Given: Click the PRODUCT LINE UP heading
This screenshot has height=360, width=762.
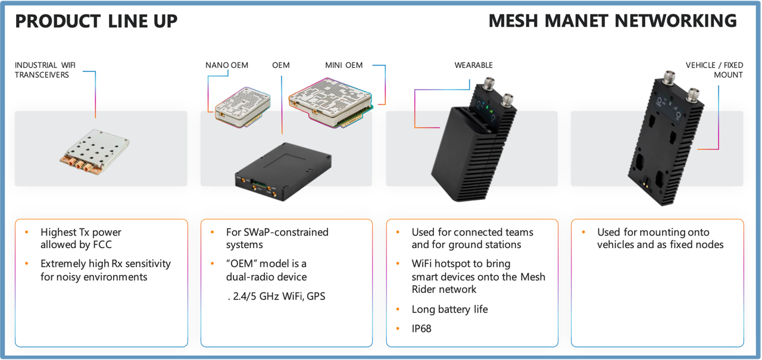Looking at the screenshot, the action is [96, 21].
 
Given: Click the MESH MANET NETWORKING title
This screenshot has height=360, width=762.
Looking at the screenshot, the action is [613, 21].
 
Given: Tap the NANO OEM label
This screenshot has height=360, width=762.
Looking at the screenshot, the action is [227, 65].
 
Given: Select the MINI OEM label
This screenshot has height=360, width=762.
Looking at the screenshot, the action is [343, 65].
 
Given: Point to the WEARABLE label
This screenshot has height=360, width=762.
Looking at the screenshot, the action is [473, 65].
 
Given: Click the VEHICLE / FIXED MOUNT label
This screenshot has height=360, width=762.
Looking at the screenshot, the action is [714, 70].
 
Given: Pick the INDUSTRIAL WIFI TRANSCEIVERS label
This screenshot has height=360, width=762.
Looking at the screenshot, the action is [45, 70].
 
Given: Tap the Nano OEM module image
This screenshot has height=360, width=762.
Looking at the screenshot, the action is [242, 107].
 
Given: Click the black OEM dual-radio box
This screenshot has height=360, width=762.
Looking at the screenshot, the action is [283, 172].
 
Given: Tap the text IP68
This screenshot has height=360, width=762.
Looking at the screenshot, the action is [421, 328].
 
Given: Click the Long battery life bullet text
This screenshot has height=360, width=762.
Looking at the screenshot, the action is [449, 309].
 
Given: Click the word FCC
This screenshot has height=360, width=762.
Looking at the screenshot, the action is [102, 245].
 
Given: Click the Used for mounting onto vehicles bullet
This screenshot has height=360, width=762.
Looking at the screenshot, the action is [660, 238].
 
